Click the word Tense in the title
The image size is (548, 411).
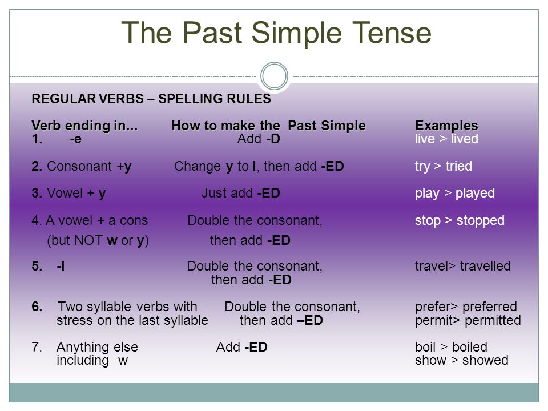click(392, 33)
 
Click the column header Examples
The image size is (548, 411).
click(446, 126)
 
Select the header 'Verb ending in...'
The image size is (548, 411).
click(84, 126)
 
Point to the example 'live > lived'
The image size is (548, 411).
click(446, 139)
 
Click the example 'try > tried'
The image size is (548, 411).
click(443, 166)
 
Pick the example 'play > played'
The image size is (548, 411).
click(455, 194)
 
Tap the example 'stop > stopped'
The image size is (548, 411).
click(460, 220)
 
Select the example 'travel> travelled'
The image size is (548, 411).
click(463, 266)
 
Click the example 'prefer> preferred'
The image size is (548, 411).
click(466, 307)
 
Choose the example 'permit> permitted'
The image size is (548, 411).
click(468, 320)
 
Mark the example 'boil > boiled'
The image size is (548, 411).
click(451, 347)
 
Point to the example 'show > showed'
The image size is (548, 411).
click(462, 360)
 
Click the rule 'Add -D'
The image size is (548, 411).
click(259, 139)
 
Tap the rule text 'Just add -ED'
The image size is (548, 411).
click(241, 193)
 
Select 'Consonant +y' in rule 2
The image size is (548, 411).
click(89, 166)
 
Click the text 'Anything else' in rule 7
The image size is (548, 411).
click(97, 348)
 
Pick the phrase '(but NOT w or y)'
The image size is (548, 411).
click(98, 240)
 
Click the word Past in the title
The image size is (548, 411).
click(212, 33)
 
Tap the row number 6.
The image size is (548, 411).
click(37, 307)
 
